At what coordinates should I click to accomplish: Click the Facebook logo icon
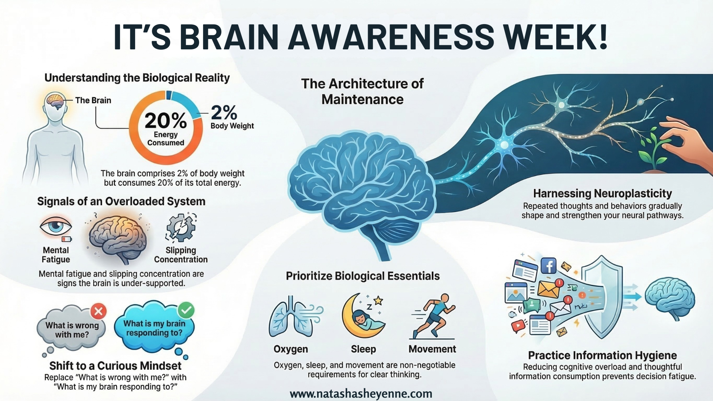click(x=548, y=266)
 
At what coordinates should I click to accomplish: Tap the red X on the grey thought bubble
click(x=98, y=311)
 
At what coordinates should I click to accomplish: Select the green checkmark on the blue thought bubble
click(x=186, y=310)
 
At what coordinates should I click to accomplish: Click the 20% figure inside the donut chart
click(x=166, y=121)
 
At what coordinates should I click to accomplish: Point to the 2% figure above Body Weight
click(x=224, y=112)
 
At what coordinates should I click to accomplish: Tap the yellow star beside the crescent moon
click(x=378, y=300)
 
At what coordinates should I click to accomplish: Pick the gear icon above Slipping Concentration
click(x=181, y=228)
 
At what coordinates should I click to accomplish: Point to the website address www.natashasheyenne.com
click(x=361, y=394)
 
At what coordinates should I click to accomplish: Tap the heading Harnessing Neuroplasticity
click(x=602, y=193)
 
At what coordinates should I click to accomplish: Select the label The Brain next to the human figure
click(x=93, y=100)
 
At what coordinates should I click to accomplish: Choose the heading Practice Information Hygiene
click(x=602, y=355)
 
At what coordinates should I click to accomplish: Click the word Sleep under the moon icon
click(x=363, y=349)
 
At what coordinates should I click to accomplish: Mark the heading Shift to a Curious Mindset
click(x=115, y=366)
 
